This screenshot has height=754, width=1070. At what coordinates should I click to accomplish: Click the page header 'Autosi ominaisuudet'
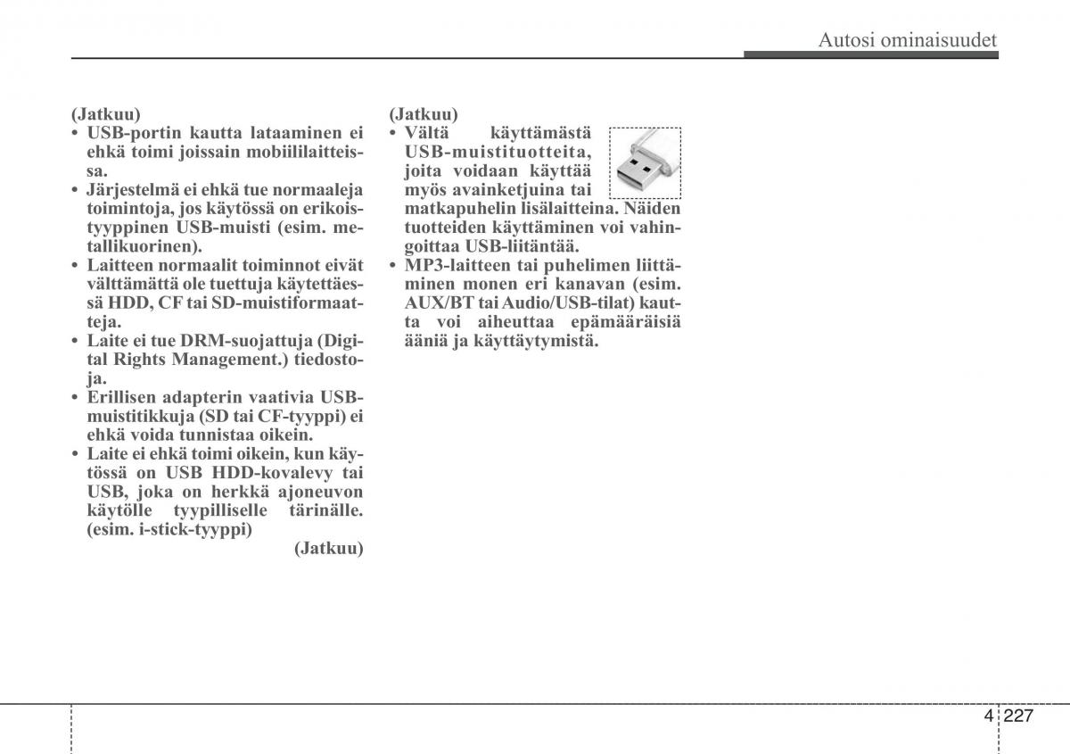coord(907,39)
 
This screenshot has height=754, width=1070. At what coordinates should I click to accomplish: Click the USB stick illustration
coord(645,162)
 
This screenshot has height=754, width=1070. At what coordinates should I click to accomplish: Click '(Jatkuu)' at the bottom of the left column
coord(329,549)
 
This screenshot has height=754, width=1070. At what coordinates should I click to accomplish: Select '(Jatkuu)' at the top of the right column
coord(424,114)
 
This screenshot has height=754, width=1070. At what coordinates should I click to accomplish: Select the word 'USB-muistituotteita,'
coord(497,152)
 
